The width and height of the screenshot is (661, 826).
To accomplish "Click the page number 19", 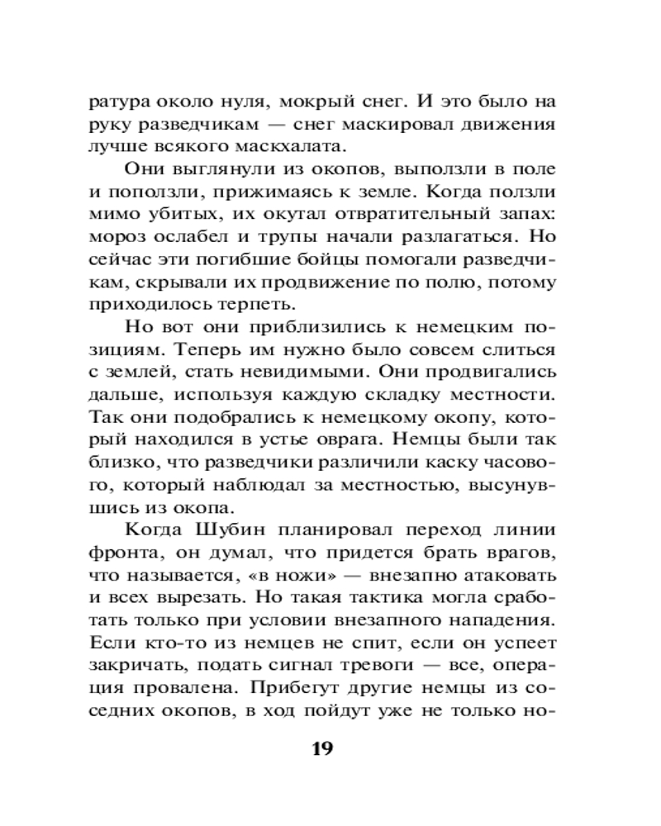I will (321, 750).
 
